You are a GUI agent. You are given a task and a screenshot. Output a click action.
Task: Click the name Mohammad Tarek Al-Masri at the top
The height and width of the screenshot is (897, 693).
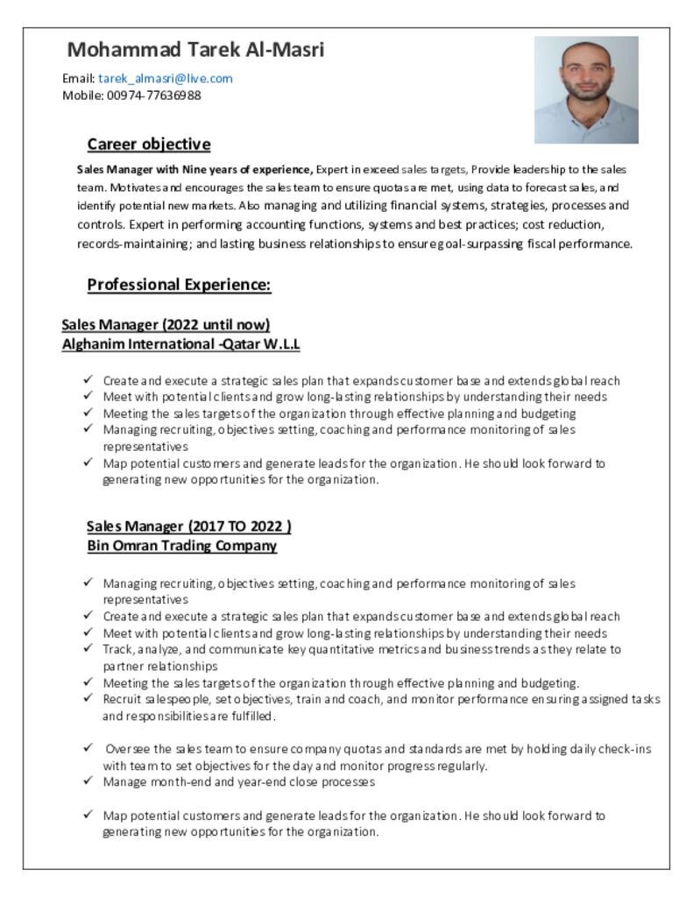tap(195, 50)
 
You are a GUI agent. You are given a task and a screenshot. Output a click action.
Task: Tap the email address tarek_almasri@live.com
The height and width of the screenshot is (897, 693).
tap(165, 78)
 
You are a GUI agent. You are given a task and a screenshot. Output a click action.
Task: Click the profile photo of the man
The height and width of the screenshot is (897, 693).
tap(585, 89)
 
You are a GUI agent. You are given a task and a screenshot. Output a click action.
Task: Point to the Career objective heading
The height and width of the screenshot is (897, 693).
tap(148, 145)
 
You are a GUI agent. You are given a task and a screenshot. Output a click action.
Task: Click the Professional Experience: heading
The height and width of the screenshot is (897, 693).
tap(179, 285)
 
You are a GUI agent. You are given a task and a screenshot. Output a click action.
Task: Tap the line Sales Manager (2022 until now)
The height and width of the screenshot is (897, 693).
tap(165, 325)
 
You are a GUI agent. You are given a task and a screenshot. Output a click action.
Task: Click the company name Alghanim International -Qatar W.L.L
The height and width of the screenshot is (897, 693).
tap(180, 344)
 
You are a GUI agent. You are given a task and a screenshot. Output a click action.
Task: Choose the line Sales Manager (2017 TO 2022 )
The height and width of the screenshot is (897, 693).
tap(188, 526)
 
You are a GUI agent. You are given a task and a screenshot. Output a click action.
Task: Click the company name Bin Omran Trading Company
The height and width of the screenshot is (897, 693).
tap(181, 546)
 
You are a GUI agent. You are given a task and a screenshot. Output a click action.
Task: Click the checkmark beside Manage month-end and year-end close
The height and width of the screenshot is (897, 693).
tap(88, 780)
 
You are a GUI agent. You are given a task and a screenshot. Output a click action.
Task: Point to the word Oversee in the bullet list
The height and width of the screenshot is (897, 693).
tap(129, 749)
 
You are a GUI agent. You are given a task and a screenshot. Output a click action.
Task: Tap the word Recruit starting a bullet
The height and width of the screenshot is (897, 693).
tap(122, 699)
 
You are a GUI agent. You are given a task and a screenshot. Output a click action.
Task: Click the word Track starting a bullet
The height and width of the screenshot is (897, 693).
tap(117, 649)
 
